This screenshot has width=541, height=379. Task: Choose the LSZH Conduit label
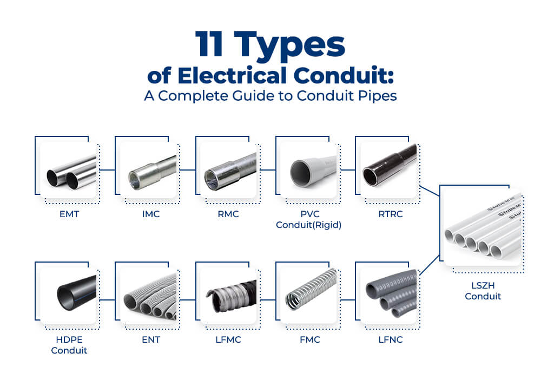tap(483, 291)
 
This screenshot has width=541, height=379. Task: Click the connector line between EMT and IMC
tap(107, 170)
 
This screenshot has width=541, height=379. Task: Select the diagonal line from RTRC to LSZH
tap(430, 191)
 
